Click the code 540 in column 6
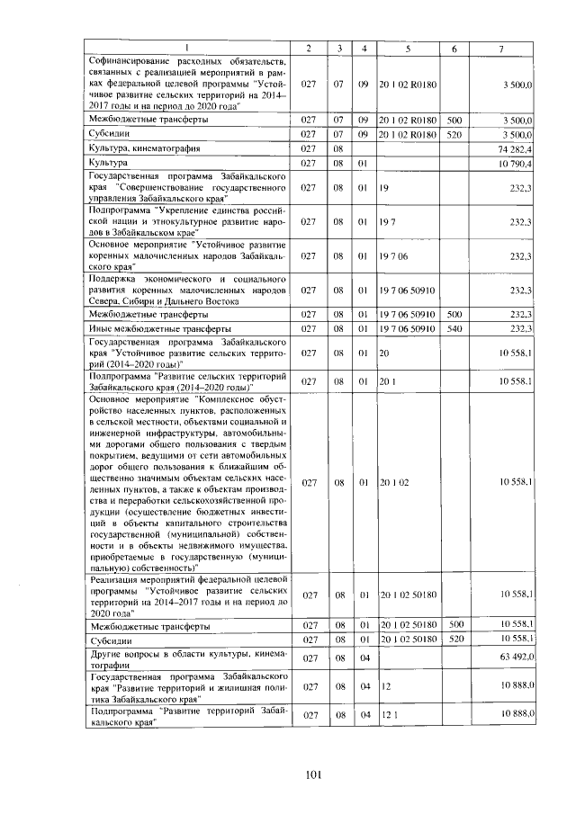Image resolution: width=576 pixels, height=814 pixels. (x=454, y=329)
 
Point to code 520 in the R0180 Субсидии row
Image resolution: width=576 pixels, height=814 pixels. (x=454, y=133)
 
